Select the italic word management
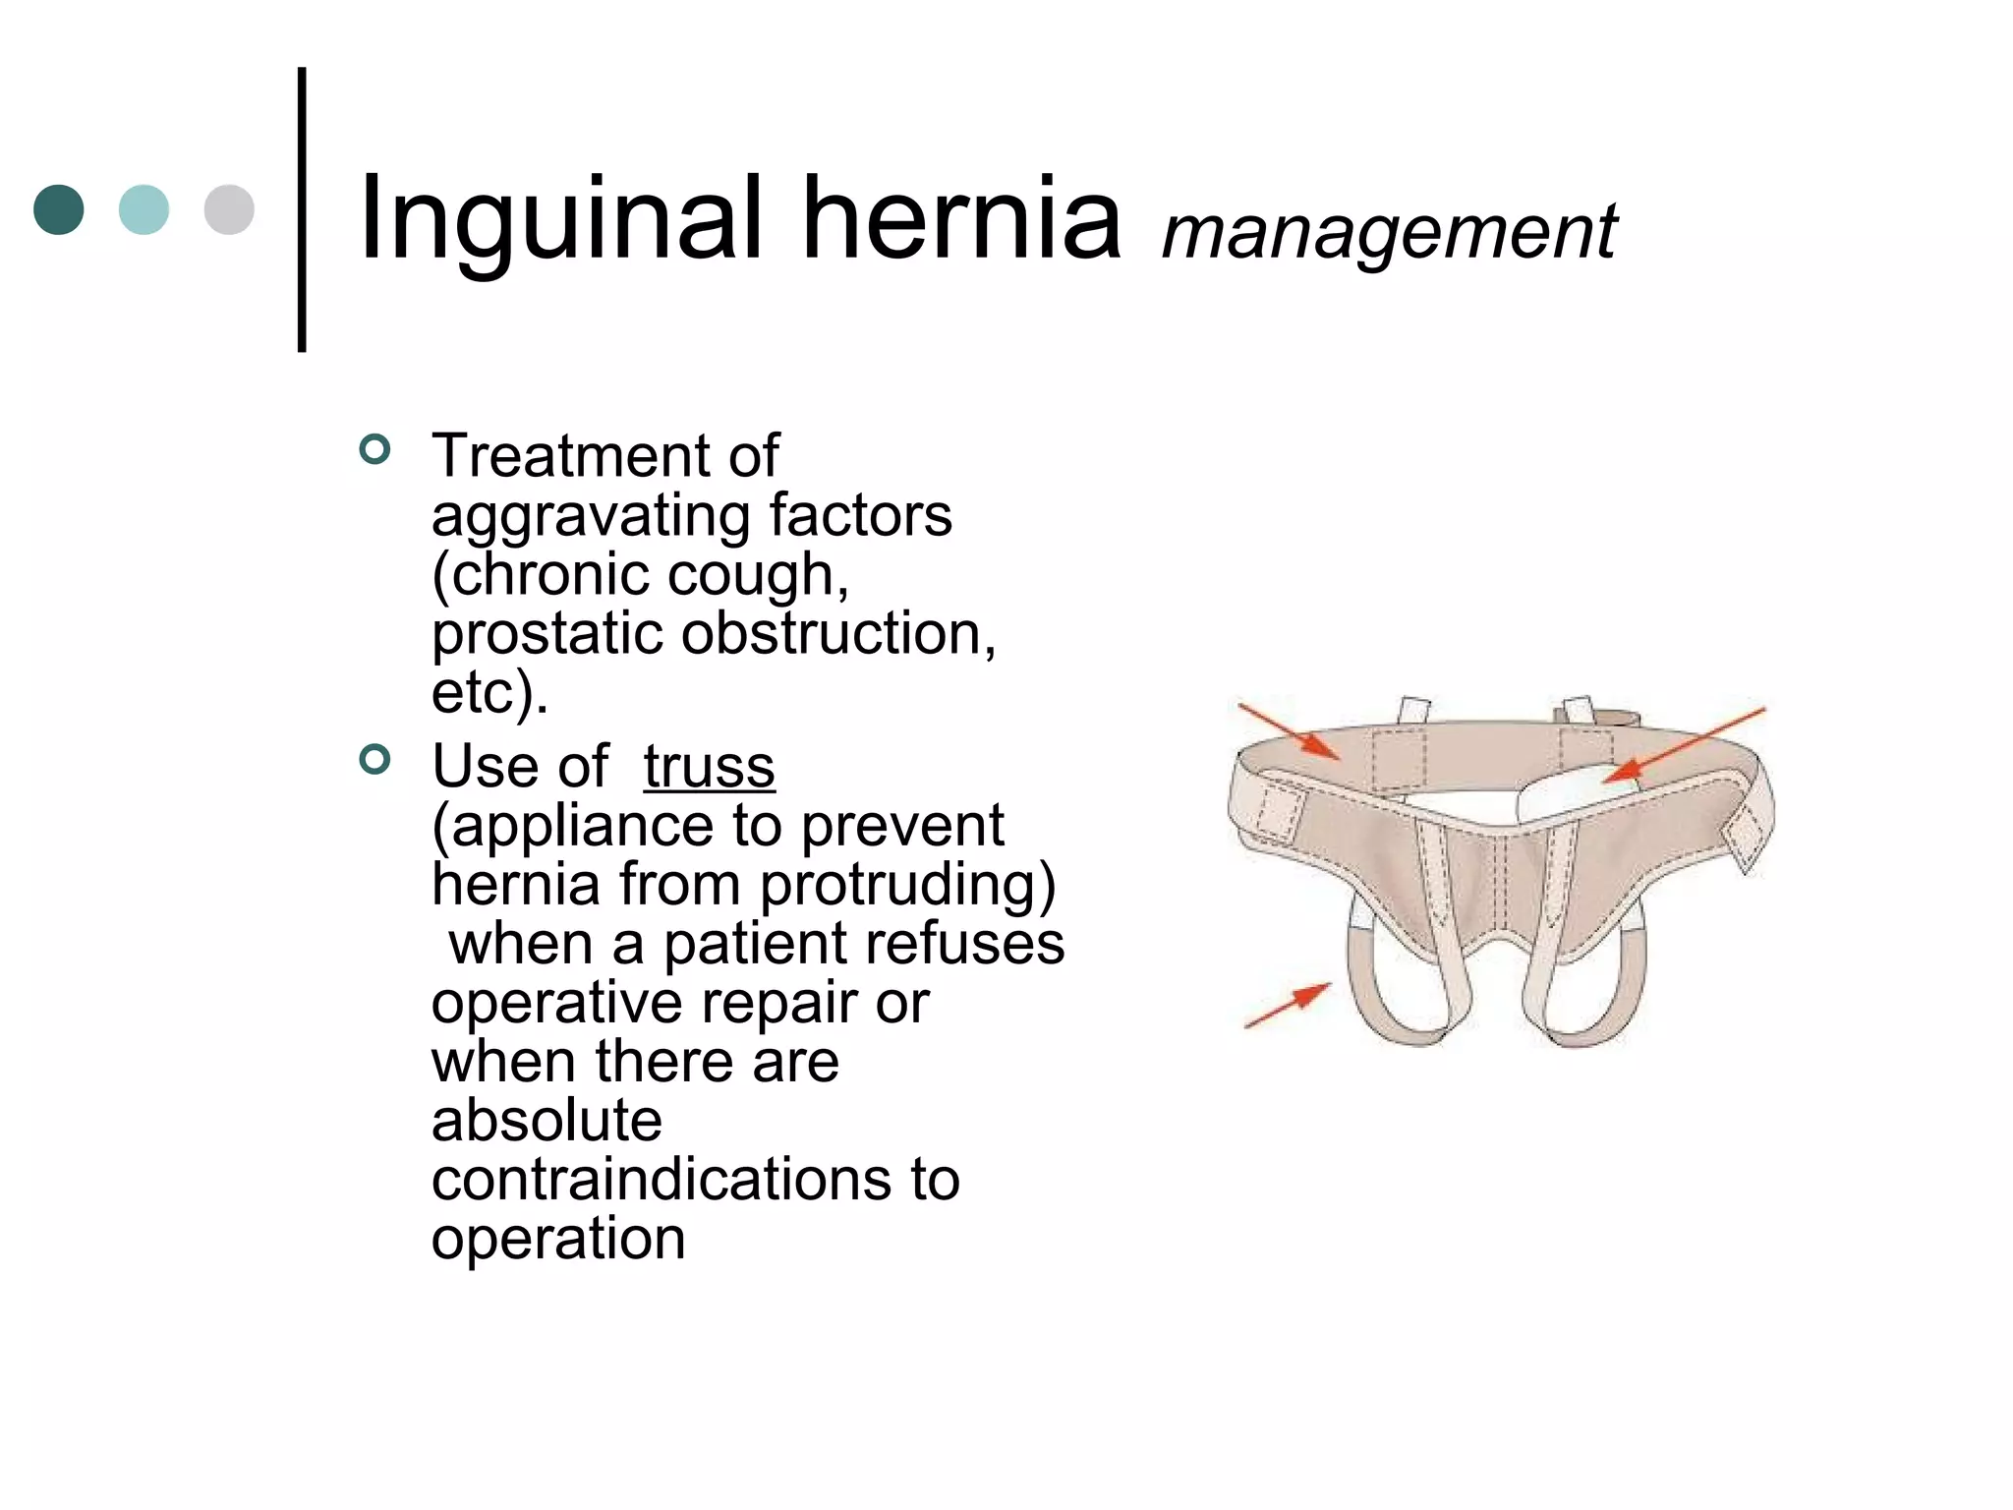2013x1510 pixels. pyautogui.click(x=1389, y=232)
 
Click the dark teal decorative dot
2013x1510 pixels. pyautogui.click(x=59, y=209)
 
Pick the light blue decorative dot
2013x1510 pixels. pyautogui.click(x=144, y=209)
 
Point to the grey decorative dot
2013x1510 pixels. pyautogui.click(x=229, y=209)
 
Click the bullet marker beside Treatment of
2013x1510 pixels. pyautogui.click(x=375, y=450)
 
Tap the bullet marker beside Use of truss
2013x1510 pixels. pyautogui.click(x=375, y=759)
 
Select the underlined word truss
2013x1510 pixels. pyautogui.click(x=709, y=766)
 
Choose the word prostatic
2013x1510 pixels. pyautogui.click(x=546, y=634)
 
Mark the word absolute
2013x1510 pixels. pyautogui.click(x=546, y=1120)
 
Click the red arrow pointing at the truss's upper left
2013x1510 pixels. pyautogui.click(x=1289, y=732)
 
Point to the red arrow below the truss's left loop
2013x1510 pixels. pyautogui.click(x=1289, y=1005)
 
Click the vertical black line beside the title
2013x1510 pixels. pyautogui.click(x=302, y=209)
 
